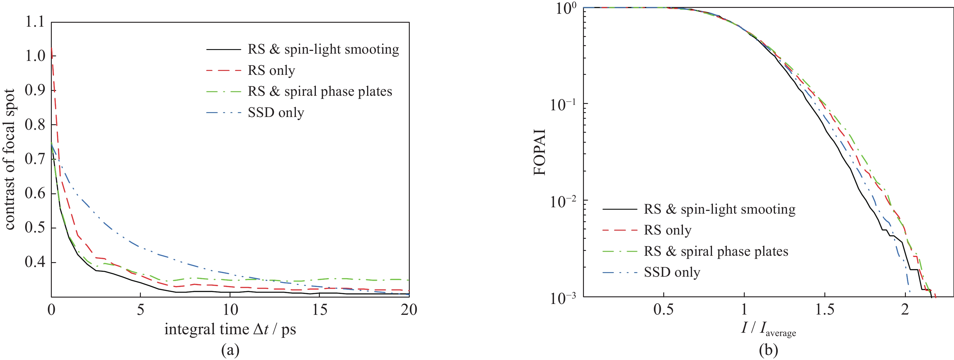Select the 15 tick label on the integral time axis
320,310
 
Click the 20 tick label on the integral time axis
409,310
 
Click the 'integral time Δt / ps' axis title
230,329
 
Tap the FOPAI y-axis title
540,152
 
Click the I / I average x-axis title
768,329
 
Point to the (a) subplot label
230,350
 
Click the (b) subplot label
768,350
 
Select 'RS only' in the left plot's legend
271,70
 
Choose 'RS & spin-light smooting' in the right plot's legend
719,209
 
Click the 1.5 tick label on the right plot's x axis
825,310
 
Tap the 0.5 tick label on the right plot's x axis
663,310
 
